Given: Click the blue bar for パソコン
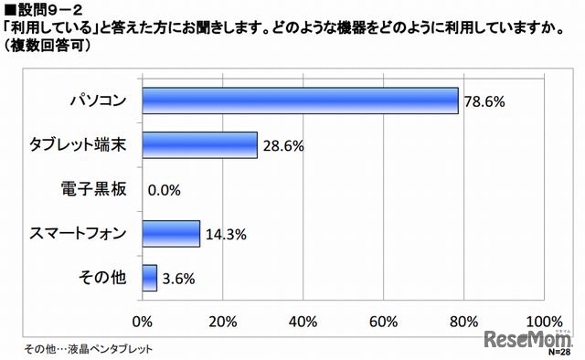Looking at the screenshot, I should [300, 100].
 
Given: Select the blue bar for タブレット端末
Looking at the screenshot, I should [199, 144].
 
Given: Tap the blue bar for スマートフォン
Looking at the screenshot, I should [171, 234].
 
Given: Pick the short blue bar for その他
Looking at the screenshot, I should [149, 279].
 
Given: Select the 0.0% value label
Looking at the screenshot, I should [164, 190].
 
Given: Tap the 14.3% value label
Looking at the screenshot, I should [224, 235].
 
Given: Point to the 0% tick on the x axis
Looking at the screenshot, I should [143, 321].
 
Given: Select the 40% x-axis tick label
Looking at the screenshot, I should [303, 321].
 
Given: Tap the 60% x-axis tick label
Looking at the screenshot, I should [383, 321].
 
